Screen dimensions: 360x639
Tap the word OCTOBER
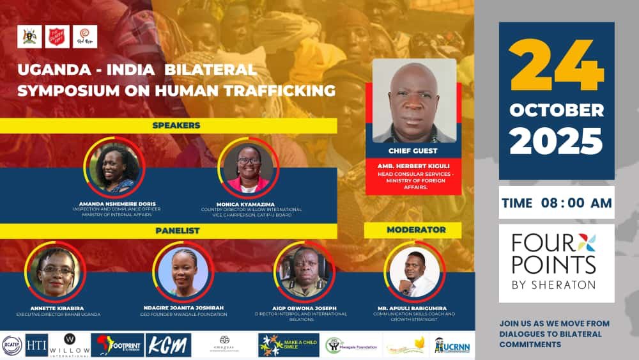(557, 110)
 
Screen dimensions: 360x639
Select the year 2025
(557, 141)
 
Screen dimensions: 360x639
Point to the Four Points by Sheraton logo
(557, 262)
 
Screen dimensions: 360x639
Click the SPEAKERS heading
(176, 126)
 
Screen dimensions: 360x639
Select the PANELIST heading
(176, 231)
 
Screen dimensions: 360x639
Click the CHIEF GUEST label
(413, 151)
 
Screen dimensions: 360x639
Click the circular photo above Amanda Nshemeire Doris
(116, 167)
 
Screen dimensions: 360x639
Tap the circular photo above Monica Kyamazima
(249, 167)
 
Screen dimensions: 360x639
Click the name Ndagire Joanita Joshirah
(183, 308)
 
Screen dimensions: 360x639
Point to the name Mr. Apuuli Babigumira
(414, 308)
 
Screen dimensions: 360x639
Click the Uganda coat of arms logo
(29, 37)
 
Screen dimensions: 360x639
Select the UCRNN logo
(452, 345)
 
